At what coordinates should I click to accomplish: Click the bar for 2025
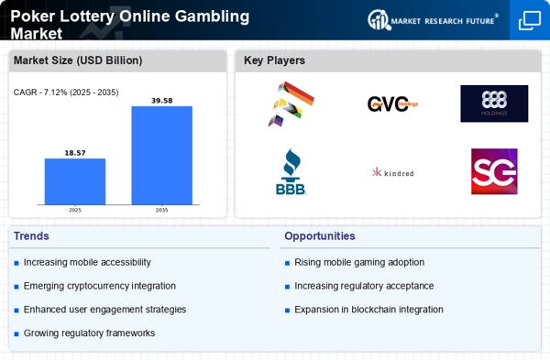[75, 181]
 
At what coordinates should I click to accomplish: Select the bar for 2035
[161, 156]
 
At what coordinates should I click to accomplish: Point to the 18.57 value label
[75, 152]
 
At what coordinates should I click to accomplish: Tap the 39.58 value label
[161, 100]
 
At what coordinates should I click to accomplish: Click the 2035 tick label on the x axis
[161, 210]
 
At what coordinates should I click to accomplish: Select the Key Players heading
[274, 60]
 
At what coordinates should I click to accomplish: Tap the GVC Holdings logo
[392, 104]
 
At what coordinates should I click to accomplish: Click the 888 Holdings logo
[494, 104]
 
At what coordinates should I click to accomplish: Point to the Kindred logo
[392, 172]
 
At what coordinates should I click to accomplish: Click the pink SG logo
[494, 171]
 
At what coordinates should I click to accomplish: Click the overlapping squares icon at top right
[529, 20]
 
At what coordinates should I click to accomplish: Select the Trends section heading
[33, 235]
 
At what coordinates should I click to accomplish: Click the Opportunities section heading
[320, 235]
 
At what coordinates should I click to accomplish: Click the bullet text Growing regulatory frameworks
[89, 333]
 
